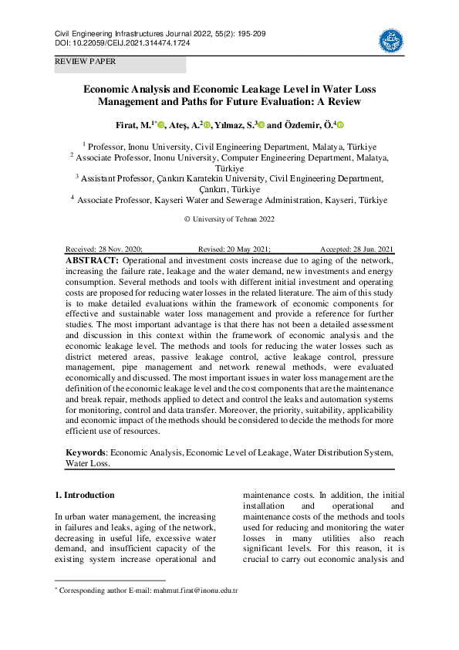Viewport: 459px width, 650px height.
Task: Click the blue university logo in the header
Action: (390, 39)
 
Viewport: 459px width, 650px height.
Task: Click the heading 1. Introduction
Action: (85, 495)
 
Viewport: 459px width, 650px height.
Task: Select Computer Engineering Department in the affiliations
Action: (276, 157)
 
